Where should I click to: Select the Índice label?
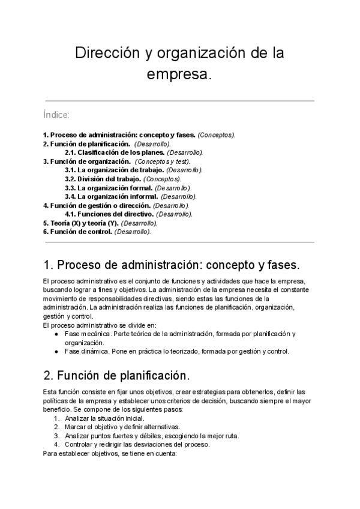pyautogui.click(x=56, y=114)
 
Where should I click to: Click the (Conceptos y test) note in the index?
pyautogui.click(x=163, y=161)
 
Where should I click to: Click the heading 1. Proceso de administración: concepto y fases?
pyautogui.click(x=171, y=265)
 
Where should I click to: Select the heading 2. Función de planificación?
pyautogui.click(x=116, y=376)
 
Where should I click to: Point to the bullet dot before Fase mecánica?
pyautogui.click(x=56, y=334)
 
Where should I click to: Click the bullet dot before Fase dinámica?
pyautogui.click(x=56, y=352)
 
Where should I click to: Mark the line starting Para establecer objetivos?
pyautogui.click(x=110, y=454)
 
